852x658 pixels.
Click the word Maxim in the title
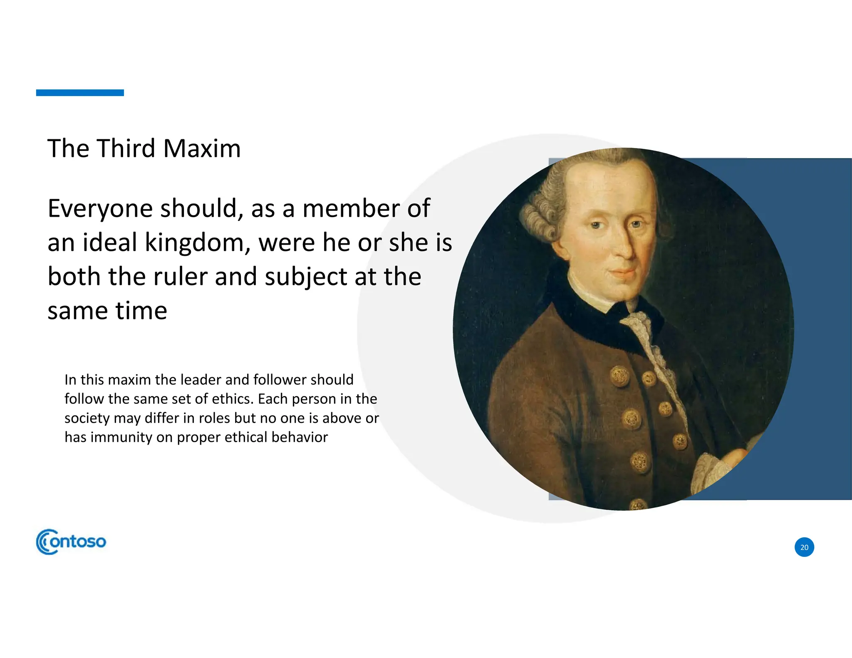click(202, 148)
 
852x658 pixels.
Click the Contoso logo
click(71, 542)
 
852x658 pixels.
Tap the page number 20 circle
click(804, 547)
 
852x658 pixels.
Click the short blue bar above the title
click(80, 93)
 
